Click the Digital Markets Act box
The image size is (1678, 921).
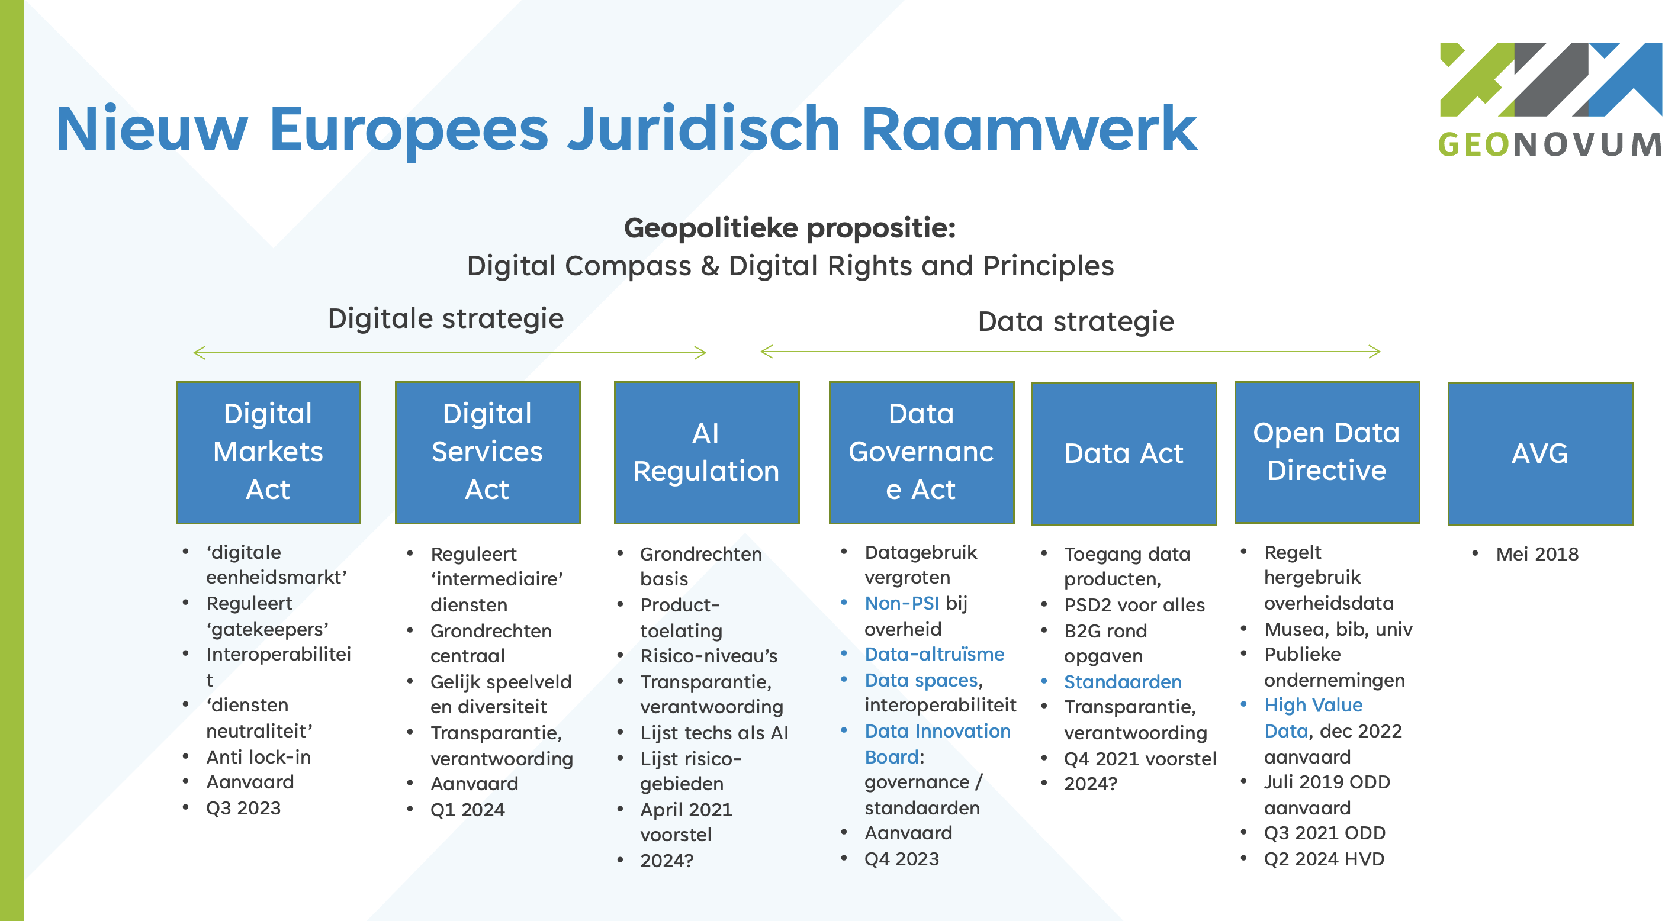[x=268, y=452]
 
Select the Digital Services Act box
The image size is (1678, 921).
[x=487, y=452]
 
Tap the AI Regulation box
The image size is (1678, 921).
[x=706, y=452]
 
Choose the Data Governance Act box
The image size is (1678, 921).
[x=921, y=452]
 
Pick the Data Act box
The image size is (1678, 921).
[x=1124, y=453]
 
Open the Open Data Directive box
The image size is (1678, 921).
[x=1326, y=452]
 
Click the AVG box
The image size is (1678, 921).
[x=1539, y=453]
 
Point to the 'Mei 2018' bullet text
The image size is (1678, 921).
[x=1536, y=554]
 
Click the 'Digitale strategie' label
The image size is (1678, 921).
[x=446, y=318]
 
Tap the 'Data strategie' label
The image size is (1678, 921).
[x=1075, y=322]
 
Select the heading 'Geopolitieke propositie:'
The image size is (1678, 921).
[x=789, y=228]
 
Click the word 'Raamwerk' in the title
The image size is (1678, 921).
[x=1028, y=130]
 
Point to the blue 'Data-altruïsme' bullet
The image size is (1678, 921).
[x=934, y=654]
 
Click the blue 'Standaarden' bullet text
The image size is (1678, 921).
[x=1123, y=682]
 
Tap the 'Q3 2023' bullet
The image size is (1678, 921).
[x=243, y=809]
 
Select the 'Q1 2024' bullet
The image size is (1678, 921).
[x=467, y=810]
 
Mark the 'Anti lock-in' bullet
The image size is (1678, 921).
[x=258, y=757]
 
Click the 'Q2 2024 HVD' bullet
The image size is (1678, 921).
[x=1324, y=859]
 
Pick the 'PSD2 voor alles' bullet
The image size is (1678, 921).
[x=1134, y=605]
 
